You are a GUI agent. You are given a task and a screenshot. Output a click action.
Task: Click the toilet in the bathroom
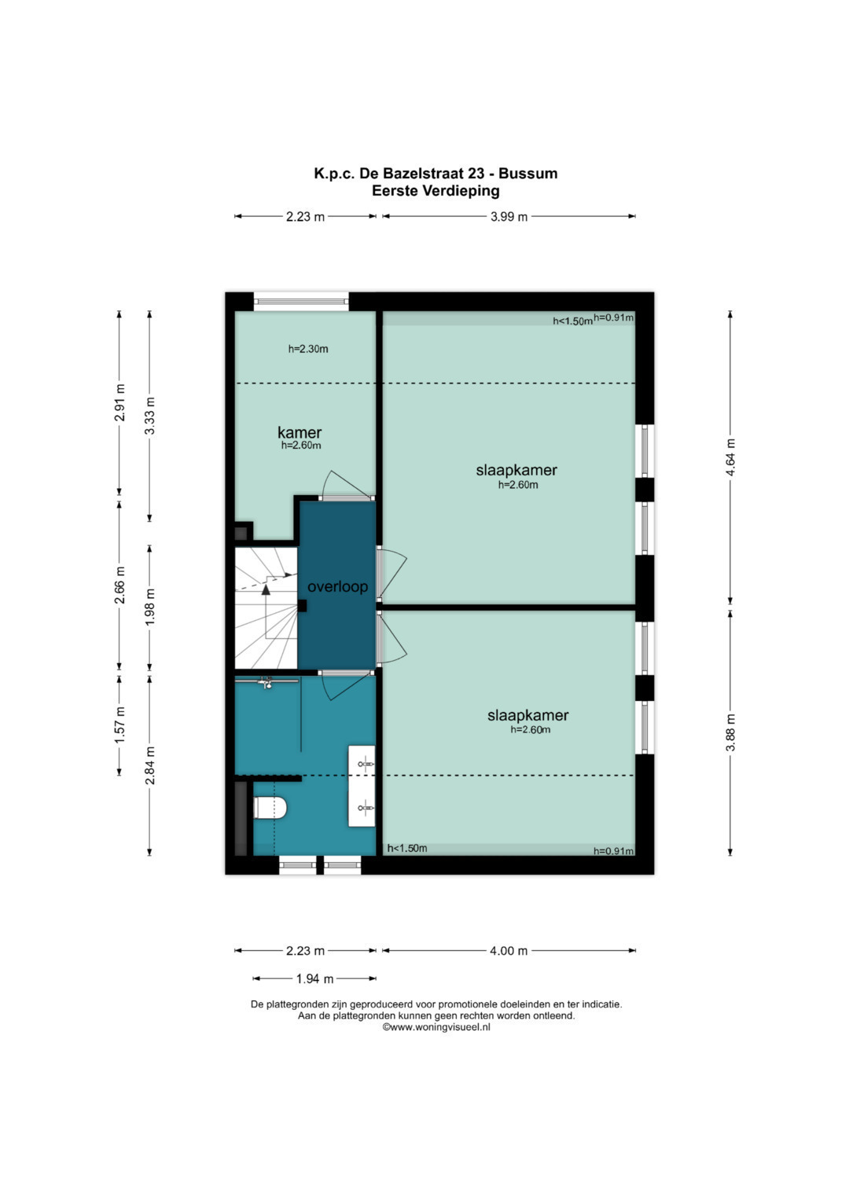click(x=270, y=808)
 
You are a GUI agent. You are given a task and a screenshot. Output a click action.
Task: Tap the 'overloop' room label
click(x=338, y=586)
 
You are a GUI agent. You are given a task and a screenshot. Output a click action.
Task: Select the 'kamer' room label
click(x=300, y=432)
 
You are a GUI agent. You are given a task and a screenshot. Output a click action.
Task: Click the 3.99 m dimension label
click(x=509, y=216)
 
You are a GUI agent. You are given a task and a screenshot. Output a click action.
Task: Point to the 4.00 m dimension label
click(x=509, y=951)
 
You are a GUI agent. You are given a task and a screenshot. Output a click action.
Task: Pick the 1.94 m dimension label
click(x=315, y=978)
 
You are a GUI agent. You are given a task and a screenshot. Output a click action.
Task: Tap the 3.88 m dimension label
click(x=730, y=732)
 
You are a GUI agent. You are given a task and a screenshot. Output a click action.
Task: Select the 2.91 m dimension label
click(x=119, y=402)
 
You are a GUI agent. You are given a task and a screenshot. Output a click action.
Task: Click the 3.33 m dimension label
click(x=150, y=416)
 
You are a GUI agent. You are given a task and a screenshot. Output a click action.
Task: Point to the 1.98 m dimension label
click(x=150, y=607)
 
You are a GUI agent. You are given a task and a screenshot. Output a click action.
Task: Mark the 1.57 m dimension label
click(x=119, y=725)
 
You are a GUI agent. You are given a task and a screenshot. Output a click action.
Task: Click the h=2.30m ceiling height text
click(x=308, y=349)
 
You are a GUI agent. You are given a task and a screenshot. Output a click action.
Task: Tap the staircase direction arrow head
click(x=266, y=589)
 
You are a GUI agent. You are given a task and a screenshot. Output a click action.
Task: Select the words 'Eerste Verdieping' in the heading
click(x=436, y=191)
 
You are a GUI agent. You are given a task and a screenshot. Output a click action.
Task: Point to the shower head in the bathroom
click(x=267, y=682)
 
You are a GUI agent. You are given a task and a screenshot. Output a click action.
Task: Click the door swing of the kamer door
click(x=346, y=484)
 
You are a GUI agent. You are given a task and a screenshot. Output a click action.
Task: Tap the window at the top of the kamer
click(x=301, y=302)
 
